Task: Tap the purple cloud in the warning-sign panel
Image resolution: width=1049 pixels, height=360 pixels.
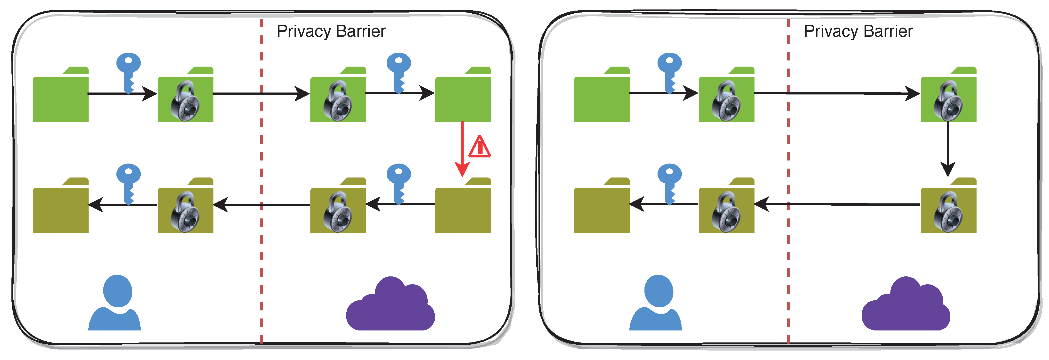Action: point(390,305)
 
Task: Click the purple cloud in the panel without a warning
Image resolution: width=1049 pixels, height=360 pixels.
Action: point(906,305)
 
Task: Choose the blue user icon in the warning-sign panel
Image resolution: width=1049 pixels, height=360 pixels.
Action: point(115,303)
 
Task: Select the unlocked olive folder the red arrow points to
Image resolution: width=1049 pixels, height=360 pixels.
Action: point(463,208)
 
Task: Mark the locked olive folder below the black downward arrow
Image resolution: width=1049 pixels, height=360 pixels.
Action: point(948,208)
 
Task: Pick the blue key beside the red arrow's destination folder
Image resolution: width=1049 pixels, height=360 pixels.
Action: point(399,183)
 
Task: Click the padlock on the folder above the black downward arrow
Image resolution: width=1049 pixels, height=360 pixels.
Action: point(948,102)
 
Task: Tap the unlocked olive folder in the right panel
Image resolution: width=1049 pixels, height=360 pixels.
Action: point(602,208)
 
